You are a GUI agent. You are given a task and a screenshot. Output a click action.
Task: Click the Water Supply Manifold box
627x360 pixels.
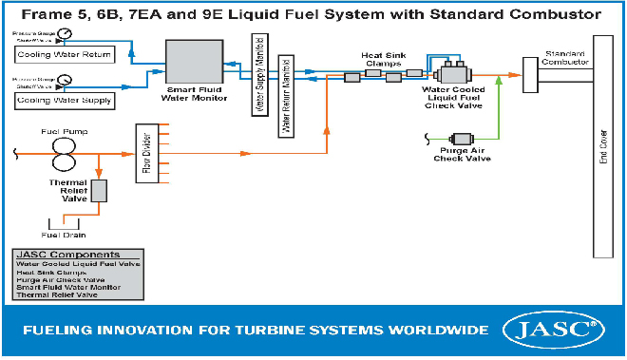pos(256,73)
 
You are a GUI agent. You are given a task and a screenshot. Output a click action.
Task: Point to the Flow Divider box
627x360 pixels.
pos(145,153)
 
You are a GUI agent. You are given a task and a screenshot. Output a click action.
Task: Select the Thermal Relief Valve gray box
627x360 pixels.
pos(99,190)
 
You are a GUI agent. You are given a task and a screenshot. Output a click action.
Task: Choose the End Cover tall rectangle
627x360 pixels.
pos(602,147)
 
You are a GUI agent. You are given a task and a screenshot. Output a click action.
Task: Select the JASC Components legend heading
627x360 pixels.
pos(69,255)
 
